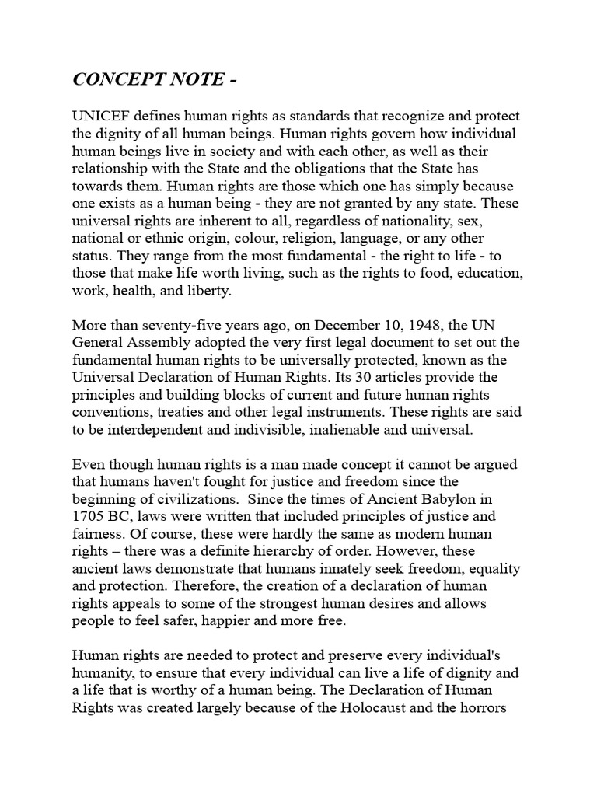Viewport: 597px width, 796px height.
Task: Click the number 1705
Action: (89, 516)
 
